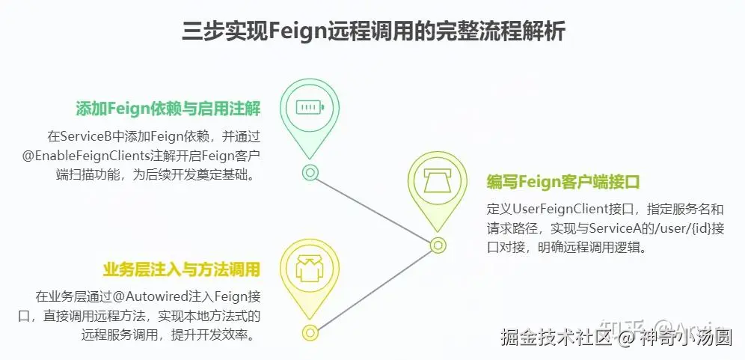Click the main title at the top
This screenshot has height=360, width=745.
click(373, 31)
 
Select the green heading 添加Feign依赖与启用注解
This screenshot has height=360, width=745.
click(168, 108)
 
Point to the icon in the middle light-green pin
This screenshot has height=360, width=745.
click(437, 180)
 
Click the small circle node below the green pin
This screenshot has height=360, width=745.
click(310, 172)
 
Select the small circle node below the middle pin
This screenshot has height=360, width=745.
click(438, 244)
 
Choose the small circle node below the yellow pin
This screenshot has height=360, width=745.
click(310, 332)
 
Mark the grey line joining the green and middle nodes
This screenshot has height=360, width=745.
click(374, 208)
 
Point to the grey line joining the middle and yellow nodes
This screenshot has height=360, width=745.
click(374, 288)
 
